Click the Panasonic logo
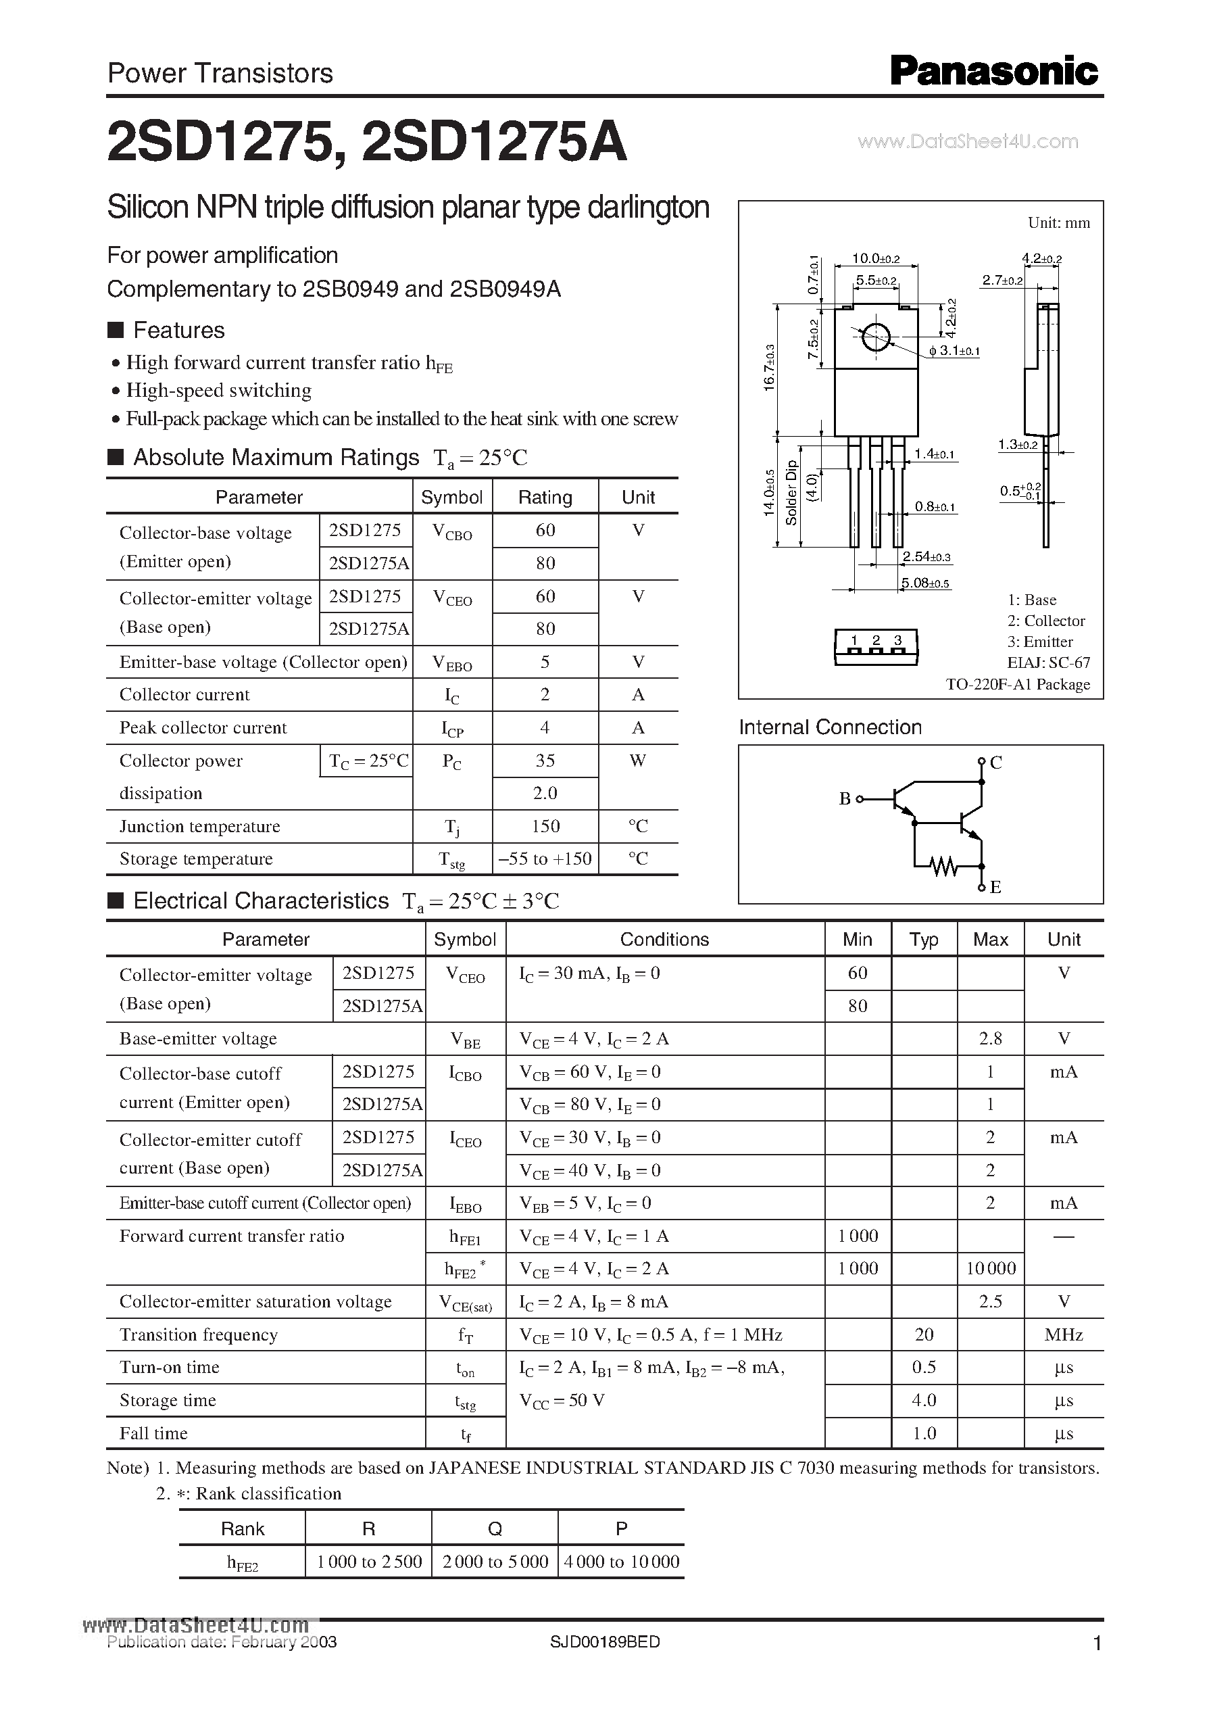click(x=993, y=72)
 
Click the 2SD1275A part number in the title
click(x=493, y=143)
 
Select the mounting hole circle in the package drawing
click(x=875, y=337)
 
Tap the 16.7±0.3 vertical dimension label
click(x=770, y=367)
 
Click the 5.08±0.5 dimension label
click(x=925, y=583)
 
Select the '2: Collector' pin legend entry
click(x=1045, y=621)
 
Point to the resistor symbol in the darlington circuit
click(x=944, y=866)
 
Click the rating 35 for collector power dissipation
click(x=545, y=761)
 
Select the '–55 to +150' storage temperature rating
click(x=545, y=859)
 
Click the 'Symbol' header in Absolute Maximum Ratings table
click(x=452, y=498)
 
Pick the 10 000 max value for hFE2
click(x=990, y=1269)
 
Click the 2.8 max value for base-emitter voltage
click(x=990, y=1038)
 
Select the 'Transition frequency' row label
click(x=199, y=1334)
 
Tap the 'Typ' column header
click(x=924, y=940)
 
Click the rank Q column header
click(x=495, y=1529)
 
